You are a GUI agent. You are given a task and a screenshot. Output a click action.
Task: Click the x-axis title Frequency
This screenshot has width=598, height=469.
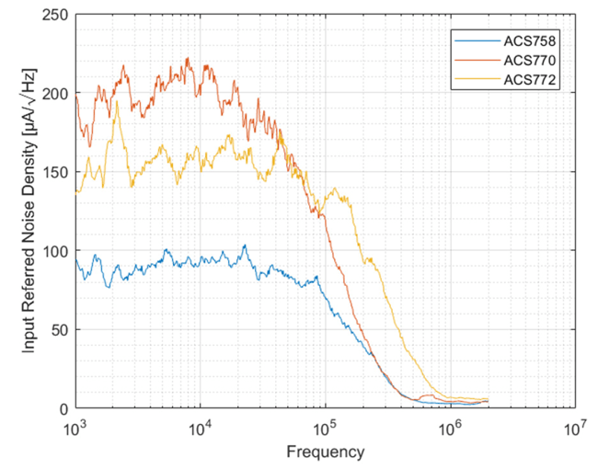(x=325, y=452)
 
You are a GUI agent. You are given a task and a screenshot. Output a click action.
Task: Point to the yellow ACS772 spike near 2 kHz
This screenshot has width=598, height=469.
(x=116, y=102)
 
